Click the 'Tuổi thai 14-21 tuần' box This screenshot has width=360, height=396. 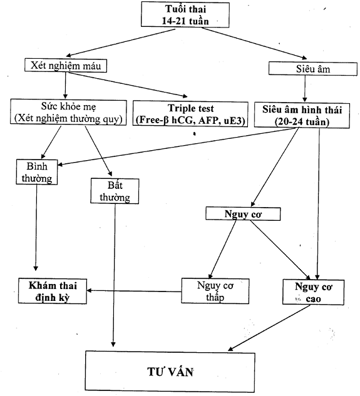tap(185, 14)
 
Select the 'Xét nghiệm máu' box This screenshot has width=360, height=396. tap(66, 66)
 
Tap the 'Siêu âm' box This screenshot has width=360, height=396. tap(312, 69)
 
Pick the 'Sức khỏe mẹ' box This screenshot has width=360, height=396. tap(68, 112)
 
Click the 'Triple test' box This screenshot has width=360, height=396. tap(190, 114)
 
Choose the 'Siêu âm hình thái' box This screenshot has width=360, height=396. tap(302, 115)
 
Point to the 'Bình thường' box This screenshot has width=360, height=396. tap(37, 172)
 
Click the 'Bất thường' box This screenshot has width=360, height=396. tap(115, 191)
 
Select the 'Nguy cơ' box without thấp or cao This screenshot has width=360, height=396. tap(243, 214)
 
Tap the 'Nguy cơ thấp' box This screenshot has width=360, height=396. tap(215, 291)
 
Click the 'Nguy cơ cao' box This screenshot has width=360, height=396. tap(313, 292)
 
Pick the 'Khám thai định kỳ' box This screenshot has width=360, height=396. tap(53, 291)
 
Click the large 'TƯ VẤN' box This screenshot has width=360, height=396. tap(170, 372)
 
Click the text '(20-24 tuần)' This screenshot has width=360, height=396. tap(302, 122)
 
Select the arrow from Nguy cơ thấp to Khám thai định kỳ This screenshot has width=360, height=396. tap(134, 291)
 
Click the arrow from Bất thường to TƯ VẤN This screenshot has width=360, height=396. tap(115, 275)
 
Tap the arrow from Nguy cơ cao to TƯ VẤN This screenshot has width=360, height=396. tap(269, 328)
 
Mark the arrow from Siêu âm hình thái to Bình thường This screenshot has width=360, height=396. tap(177, 146)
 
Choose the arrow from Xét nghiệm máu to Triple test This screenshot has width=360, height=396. tap(128, 84)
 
